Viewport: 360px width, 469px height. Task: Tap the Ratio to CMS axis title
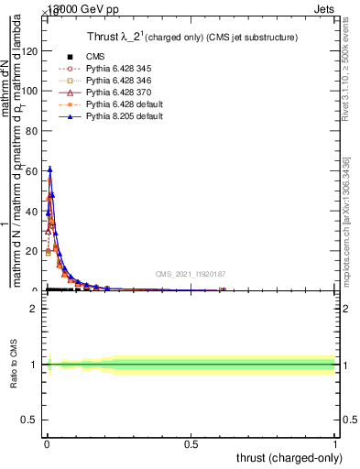pyautogui.click(x=14, y=364)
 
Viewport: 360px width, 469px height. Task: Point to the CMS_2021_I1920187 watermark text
pyautogui.click(x=190, y=274)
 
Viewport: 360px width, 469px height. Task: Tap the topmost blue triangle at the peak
pyautogui.click(x=50, y=169)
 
